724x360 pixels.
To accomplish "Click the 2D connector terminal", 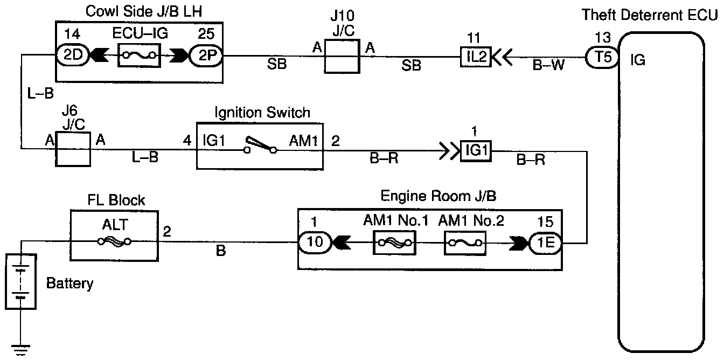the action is click(x=72, y=54).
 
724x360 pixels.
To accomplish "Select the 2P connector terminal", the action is click(x=206, y=56).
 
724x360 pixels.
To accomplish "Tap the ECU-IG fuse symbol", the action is click(x=139, y=56).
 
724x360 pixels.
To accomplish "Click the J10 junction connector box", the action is click(x=342, y=56).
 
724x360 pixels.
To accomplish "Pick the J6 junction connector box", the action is click(x=73, y=149).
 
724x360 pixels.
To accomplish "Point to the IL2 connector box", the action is click(x=476, y=57).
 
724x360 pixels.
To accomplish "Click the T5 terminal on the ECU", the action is click(x=602, y=57).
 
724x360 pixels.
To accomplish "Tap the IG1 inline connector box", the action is click(x=476, y=151).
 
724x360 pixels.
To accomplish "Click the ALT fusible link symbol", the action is click(x=114, y=241).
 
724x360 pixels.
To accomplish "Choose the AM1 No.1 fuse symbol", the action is click(x=394, y=243).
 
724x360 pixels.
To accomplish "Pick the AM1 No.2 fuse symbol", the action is click(x=465, y=243).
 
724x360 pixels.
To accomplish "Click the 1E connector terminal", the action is click(x=545, y=243).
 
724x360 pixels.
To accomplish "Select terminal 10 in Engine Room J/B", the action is click(x=315, y=243).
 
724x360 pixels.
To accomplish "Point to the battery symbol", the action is click(x=20, y=281).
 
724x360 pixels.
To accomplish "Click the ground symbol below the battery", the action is click(x=20, y=350).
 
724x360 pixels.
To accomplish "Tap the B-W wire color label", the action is click(x=548, y=65).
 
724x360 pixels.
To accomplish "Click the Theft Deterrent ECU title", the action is click(x=649, y=15).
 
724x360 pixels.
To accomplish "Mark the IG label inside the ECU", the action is click(x=638, y=60).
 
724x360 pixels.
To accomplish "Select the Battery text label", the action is click(x=70, y=283).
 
